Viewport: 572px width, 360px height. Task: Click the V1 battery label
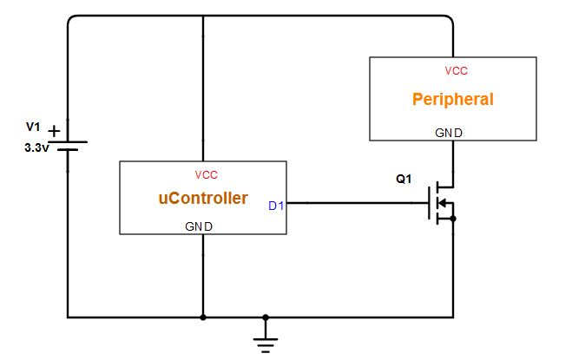coord(33,128)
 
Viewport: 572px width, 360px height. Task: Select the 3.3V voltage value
coord(35,147)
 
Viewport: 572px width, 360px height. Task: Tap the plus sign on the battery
coord(54,131)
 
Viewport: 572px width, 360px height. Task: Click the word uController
coord(203,199)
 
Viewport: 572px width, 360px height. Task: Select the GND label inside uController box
coord(200,226)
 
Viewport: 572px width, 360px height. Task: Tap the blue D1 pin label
coord(276,206)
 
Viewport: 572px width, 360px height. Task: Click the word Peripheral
coord(452,99)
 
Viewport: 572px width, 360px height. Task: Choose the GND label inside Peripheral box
coord(449,133)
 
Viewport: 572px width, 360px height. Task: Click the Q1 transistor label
coord(404,180)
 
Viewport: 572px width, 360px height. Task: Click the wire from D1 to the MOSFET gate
coord(356,204)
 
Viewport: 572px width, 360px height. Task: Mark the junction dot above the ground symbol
coord(266,317)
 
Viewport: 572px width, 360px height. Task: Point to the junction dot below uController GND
coord(203,317)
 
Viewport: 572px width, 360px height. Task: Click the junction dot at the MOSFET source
coord(453,219)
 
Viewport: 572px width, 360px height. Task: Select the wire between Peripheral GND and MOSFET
coord(453,160)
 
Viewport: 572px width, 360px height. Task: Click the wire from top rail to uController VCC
coord(203,87)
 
